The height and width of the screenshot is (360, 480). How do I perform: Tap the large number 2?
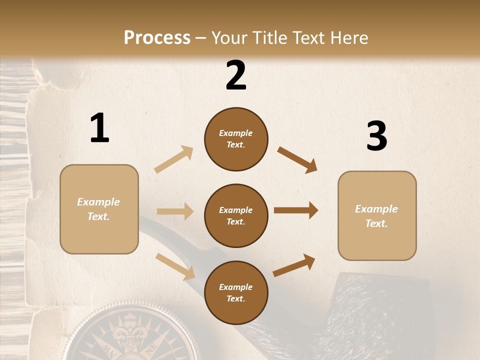click(236, 75)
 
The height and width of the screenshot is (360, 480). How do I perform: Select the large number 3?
click(376, 136)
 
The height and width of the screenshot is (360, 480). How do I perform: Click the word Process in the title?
click(157, 37)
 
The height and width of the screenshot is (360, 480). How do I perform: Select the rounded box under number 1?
click(99, 209)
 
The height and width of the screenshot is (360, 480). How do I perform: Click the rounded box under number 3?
click(377, 215)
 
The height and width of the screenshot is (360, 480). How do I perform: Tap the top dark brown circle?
click(236, 139)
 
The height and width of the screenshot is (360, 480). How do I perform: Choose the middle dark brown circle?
click(236, 215)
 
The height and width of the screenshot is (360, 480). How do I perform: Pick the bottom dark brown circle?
click(236, 292)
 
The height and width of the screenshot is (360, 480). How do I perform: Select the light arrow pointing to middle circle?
click(175, 211)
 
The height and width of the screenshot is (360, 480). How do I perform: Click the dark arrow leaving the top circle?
click(297, 160)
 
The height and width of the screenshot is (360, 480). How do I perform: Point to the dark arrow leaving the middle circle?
click(296, 210)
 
